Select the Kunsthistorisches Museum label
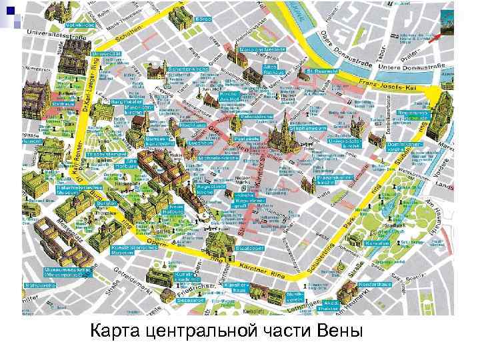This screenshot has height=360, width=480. (127, 251)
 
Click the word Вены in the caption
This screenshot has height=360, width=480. (336, 331)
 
